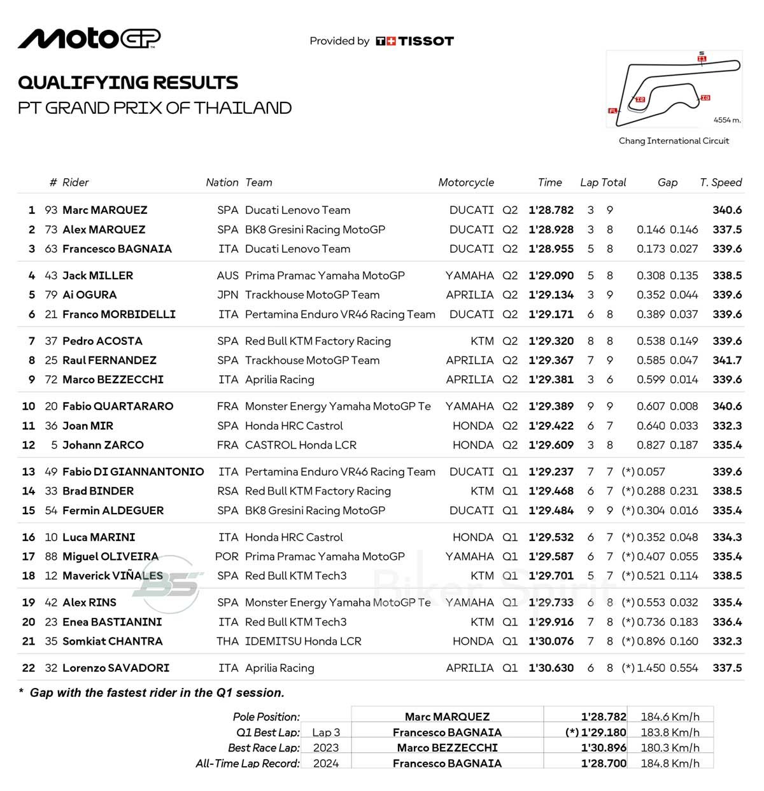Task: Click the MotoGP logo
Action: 89,39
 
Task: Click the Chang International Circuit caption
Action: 674,141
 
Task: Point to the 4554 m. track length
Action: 727,120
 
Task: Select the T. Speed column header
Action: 721,183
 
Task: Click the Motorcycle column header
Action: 466,183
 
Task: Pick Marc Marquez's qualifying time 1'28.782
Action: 551,210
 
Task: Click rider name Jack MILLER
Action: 98,276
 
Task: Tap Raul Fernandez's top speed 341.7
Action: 727,360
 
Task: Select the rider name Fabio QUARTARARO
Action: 118,406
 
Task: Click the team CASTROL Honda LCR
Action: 301,445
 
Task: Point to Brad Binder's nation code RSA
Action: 227,491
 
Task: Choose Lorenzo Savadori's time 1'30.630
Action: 551,668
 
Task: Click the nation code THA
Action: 227,641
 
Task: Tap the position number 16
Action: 29,537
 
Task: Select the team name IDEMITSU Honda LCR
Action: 303,641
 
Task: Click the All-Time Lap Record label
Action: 248,763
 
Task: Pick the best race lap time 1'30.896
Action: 604,748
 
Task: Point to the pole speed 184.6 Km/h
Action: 670,717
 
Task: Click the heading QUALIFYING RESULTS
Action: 128,83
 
